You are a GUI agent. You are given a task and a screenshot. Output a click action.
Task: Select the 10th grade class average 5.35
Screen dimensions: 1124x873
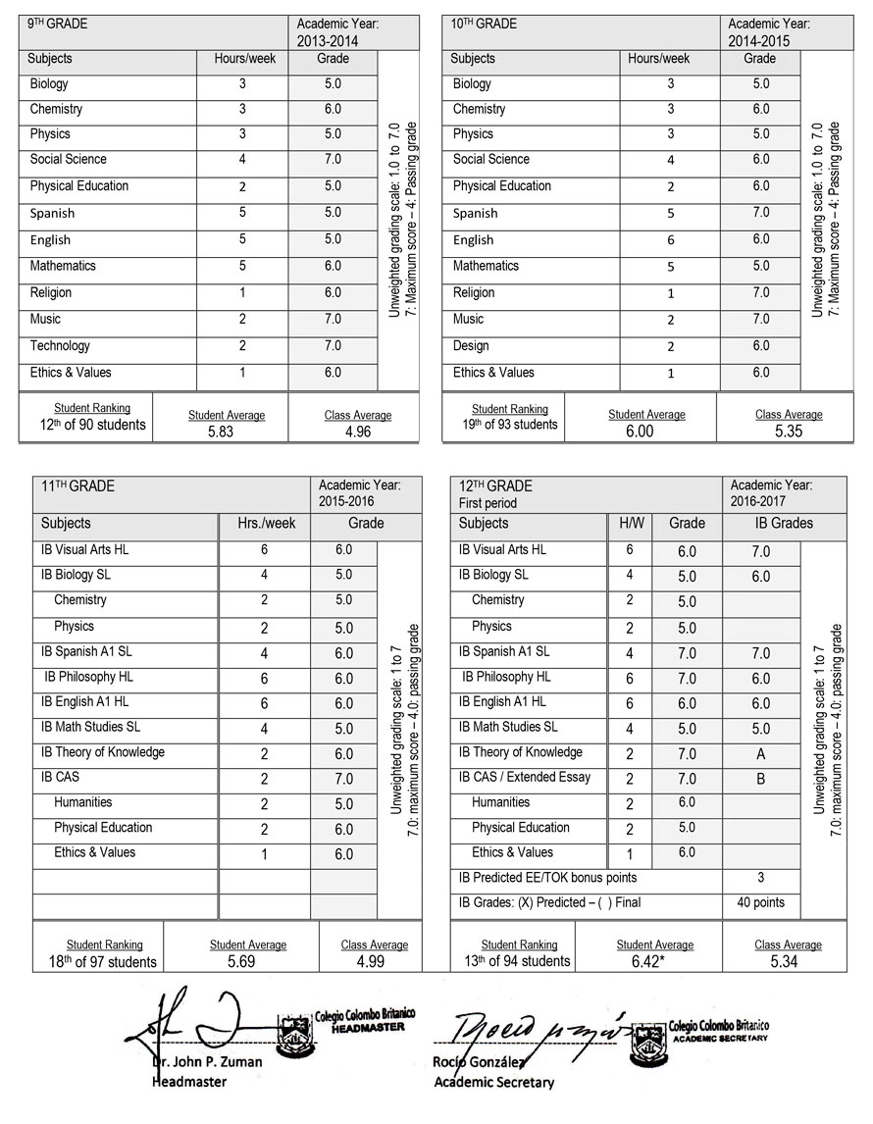pos(788,432)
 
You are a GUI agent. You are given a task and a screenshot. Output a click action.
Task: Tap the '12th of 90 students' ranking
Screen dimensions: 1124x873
pos(86,425)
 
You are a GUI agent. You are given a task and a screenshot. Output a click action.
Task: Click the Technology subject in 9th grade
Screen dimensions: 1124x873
pos(60,345)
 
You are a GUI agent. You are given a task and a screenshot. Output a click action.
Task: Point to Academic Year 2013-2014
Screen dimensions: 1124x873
pos(328,41)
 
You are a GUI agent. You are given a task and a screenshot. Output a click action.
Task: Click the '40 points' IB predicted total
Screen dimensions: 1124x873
pos(760,902)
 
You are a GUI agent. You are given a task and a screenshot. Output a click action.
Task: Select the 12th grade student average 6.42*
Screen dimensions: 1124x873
pos(655,962)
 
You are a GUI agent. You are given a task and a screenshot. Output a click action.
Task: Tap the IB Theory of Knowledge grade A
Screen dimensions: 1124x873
pos(760,754)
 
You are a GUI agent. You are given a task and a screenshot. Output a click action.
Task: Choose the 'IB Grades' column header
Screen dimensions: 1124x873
pos(784,524)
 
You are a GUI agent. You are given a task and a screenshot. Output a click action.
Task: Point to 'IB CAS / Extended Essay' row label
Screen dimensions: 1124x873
pos(525,778)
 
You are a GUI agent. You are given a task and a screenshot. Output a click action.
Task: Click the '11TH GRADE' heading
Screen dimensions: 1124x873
pos(77,486)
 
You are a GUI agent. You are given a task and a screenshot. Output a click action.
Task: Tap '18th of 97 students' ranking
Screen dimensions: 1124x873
pos(102,962)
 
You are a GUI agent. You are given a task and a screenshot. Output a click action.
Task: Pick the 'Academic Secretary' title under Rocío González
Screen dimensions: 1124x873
pos(493,1083)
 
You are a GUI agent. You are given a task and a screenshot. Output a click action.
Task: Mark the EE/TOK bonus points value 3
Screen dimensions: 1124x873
pos(760,878)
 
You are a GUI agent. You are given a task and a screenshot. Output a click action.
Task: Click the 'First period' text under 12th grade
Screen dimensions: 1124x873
pos(488,503)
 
